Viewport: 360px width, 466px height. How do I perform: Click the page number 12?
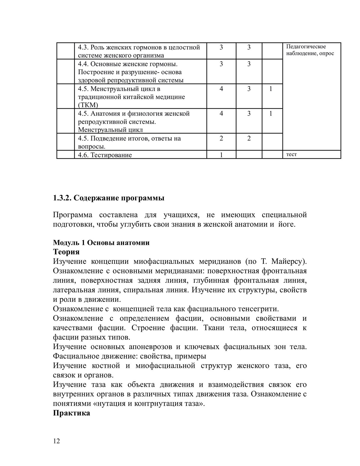click(x=56, y=441)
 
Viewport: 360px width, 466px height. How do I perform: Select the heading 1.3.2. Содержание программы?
click(x=109, y=198)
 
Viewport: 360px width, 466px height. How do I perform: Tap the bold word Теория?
click(x=66, y=252)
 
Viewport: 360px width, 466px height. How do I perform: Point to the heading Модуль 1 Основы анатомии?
click(x=101, y=242)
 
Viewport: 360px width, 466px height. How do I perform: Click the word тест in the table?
click(x=291, y=155)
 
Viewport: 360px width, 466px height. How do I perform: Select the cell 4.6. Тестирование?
click(x=105, y=155)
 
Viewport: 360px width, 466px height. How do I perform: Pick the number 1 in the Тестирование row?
click(x=221, y=155)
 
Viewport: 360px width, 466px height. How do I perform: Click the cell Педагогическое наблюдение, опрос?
click(x=310, y=50)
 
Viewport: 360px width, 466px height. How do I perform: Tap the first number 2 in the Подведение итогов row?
click(x=221, y=139)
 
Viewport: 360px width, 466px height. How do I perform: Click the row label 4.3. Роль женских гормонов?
click(x=139, y=47)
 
